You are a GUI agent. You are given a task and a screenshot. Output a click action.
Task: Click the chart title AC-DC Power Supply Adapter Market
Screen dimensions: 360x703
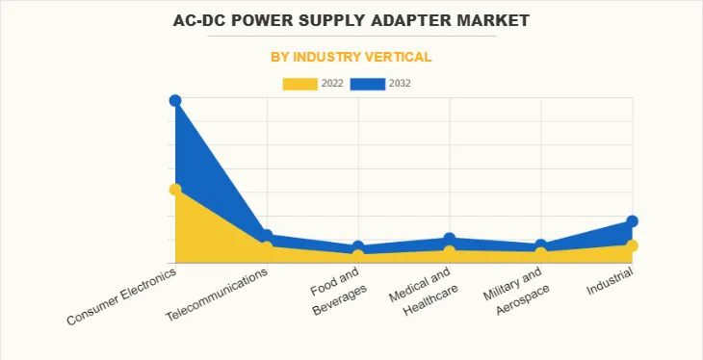tap(351, 19)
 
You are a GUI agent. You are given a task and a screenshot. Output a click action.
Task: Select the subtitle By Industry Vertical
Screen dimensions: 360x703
tap(351, 57)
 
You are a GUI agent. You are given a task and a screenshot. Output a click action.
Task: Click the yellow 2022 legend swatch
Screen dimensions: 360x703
tap(299, 84)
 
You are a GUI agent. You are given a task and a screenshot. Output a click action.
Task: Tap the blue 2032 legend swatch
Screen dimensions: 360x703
tap(367, 84)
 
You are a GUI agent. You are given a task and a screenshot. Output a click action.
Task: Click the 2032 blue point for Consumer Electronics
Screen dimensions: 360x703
tap(175, 101)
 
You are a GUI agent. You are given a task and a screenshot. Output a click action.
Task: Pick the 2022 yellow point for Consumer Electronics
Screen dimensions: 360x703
tap(175, 190)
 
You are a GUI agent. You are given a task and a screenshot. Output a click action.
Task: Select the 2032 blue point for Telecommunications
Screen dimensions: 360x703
tap(267, 236)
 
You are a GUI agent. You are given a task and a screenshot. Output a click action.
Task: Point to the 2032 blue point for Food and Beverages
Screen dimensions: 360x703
tap(358, 247)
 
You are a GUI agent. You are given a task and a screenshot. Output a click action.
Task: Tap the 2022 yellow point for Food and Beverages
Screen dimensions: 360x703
tap(358, 255)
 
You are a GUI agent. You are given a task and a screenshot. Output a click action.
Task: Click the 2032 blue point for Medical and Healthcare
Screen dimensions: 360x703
tap(450, 239)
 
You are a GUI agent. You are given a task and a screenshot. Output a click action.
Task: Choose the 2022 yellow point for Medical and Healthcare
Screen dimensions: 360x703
tap(450, 251)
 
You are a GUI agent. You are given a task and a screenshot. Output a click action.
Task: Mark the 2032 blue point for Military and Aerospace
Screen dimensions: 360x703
tap(541, 245)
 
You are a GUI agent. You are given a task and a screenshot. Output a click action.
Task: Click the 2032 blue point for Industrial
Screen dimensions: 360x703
tap(633, 221)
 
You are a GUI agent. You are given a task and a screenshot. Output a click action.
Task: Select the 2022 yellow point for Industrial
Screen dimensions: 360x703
tap(633, 245)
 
